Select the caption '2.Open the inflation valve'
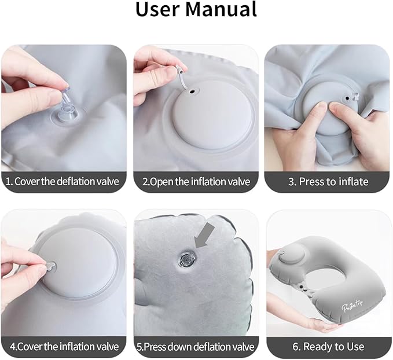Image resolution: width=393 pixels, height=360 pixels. point(196,181)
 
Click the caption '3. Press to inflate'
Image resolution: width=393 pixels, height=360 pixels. point(328,181)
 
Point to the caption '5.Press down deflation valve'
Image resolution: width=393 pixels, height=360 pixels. point(196,347)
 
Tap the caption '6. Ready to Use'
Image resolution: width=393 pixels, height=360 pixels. point(328,347)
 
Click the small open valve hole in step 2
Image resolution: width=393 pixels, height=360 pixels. point(190,92)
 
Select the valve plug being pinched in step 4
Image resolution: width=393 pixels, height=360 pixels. point(49,265)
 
